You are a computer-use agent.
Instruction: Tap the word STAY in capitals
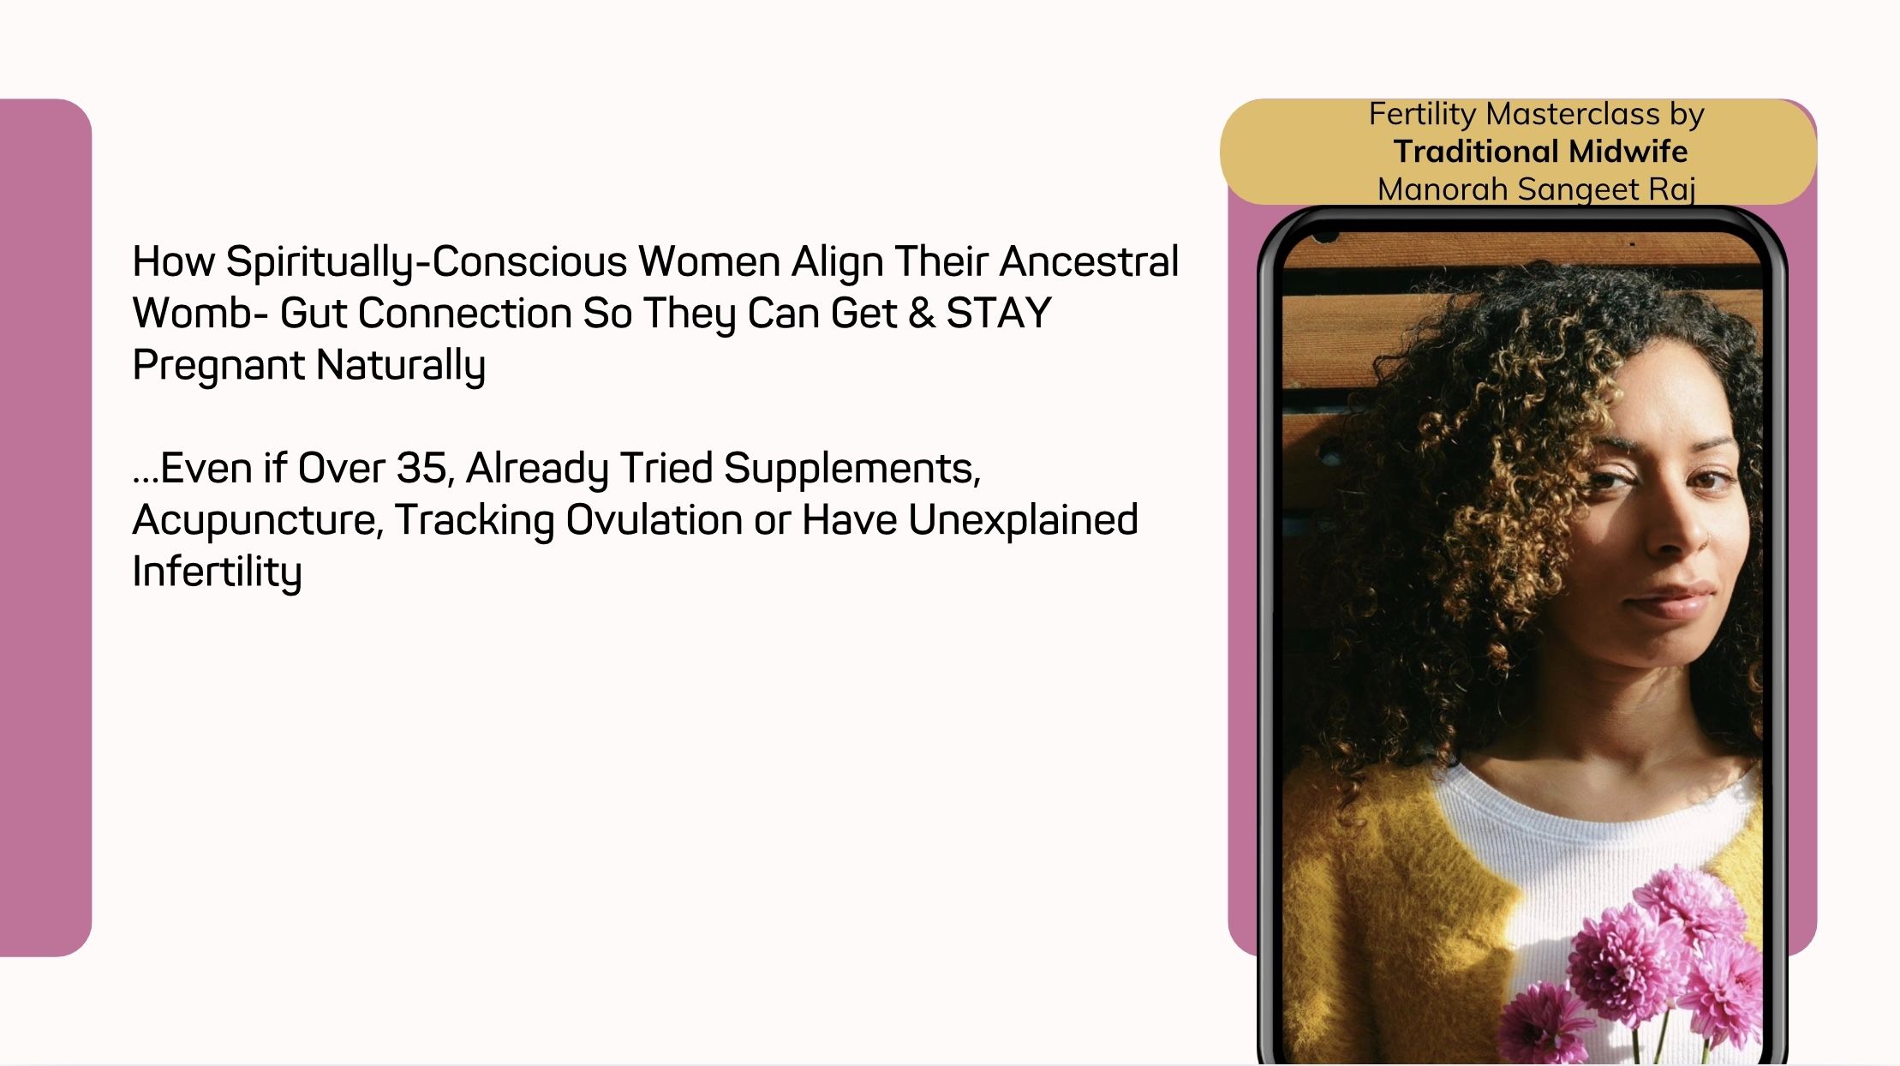coord(998,313)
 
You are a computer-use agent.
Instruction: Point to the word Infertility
coord(217,572)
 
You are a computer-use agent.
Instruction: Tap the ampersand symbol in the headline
coord(922,314)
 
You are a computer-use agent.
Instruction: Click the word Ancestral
coord(1089,261)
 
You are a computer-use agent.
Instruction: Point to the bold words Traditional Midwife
coord(1540,152)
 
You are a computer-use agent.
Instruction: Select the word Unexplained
coord(1023,520)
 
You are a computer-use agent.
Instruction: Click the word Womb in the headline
coord(193,313)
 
